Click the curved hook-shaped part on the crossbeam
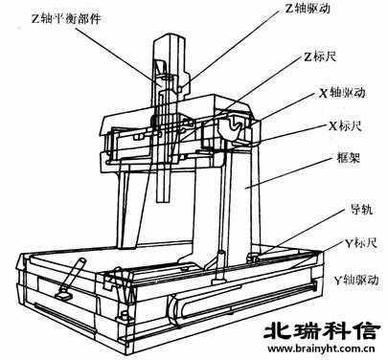[x=233, y=125]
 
